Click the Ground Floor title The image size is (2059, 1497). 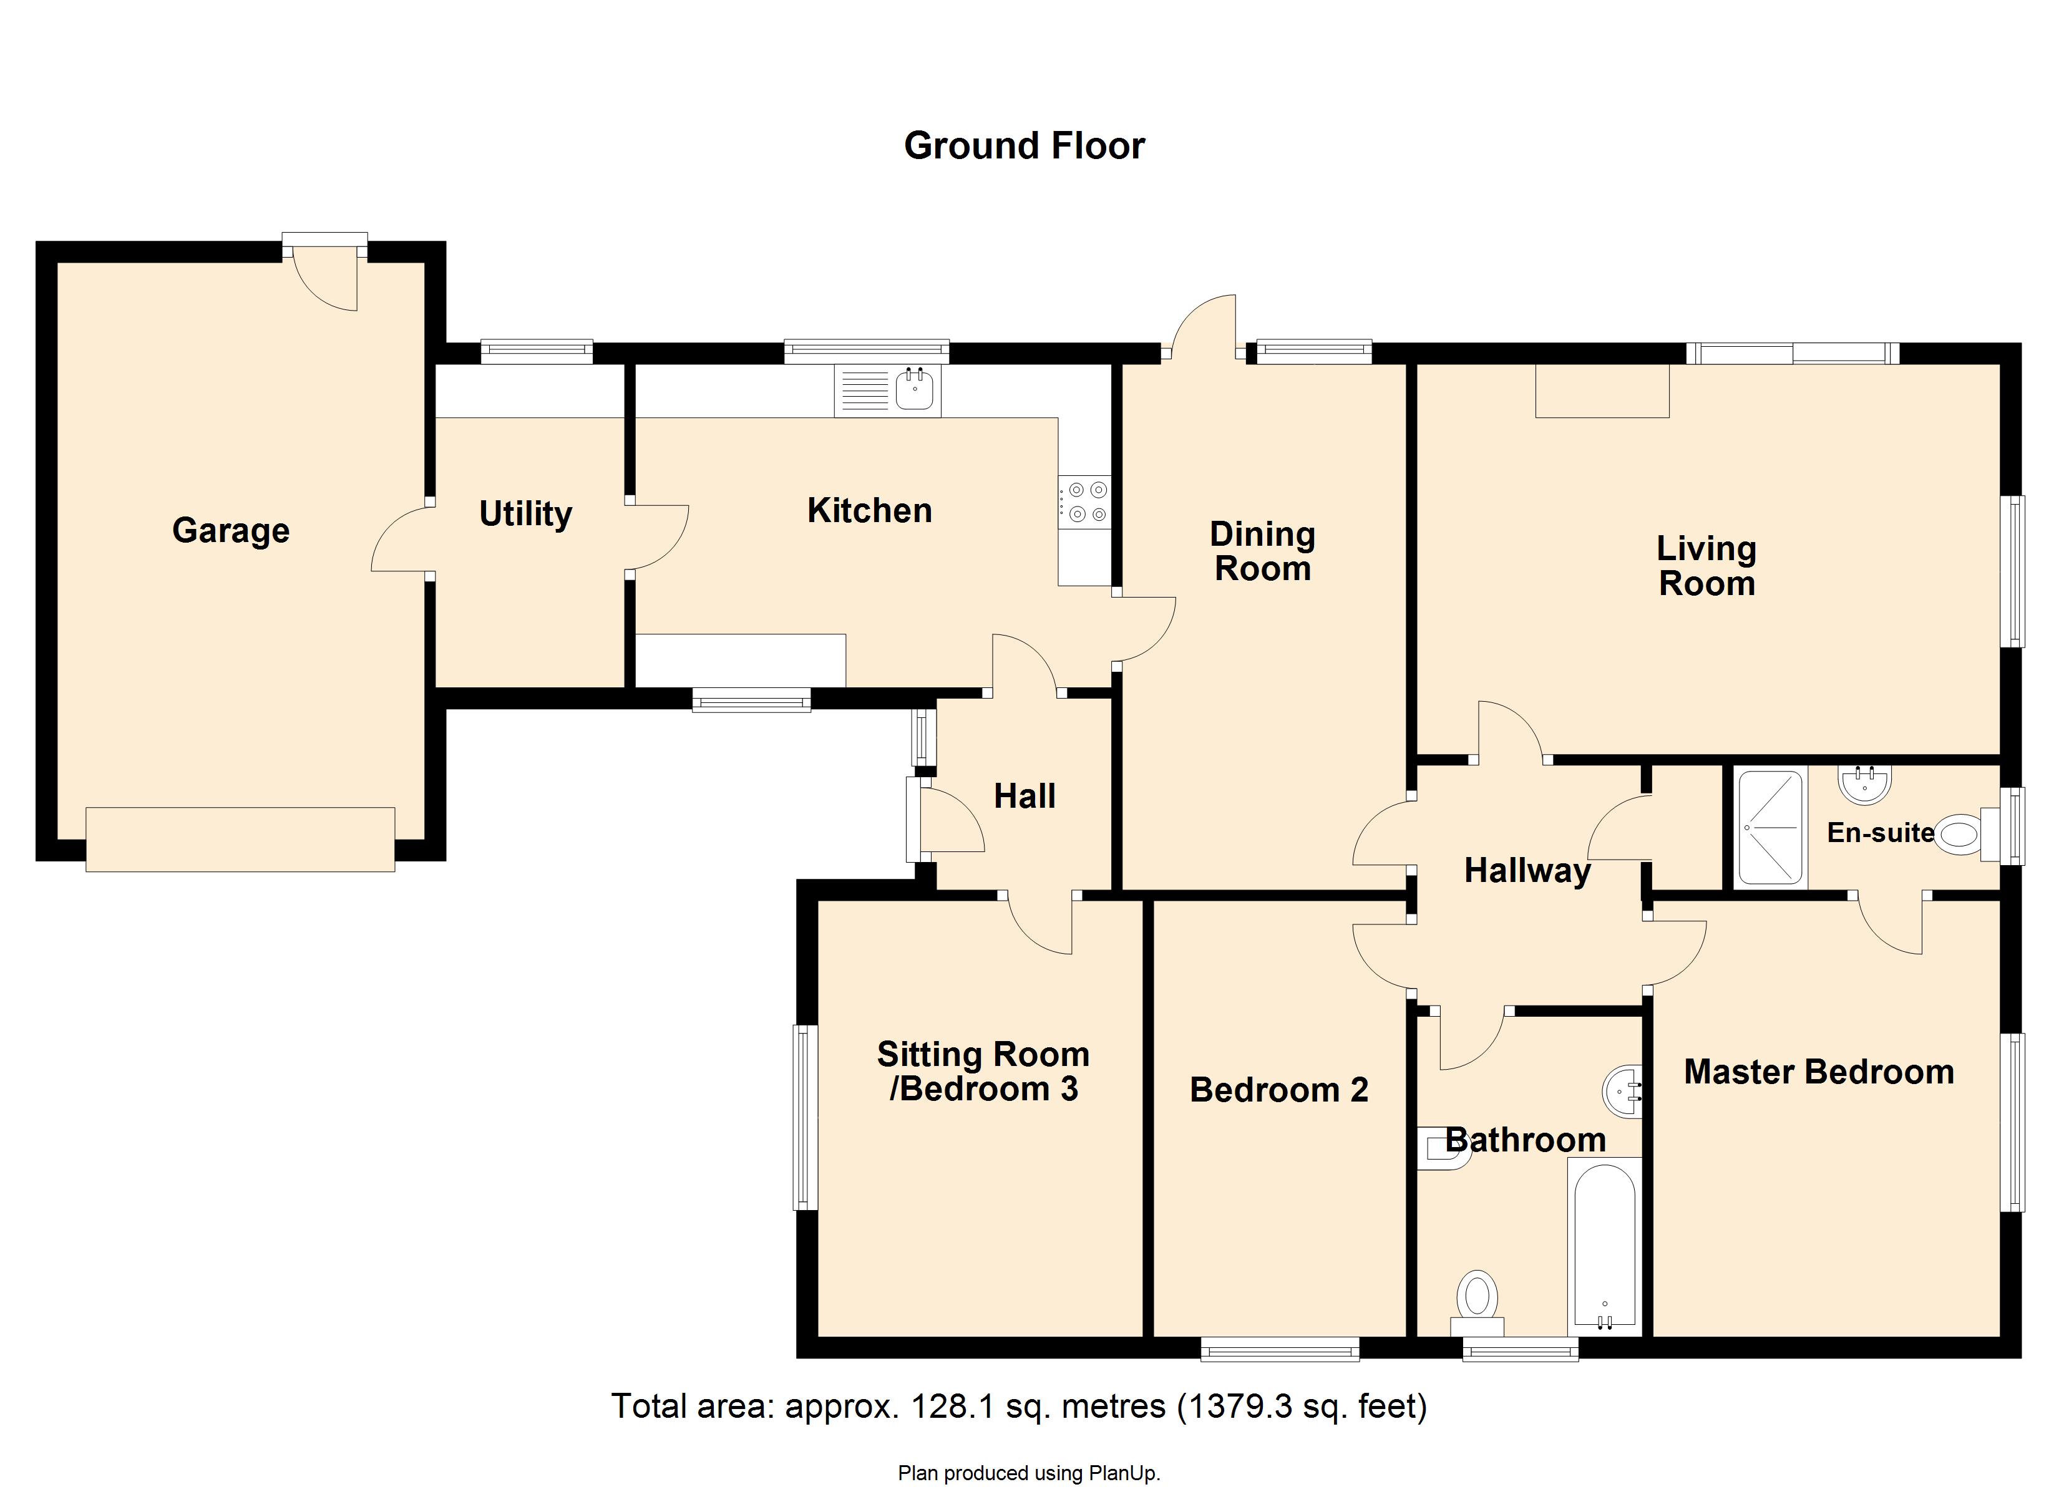(x=1024, y=146)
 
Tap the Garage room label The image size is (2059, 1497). (x=231, y=530)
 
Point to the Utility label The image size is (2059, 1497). (x=525, y=514)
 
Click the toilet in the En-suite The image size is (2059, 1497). (x=1960, y=833)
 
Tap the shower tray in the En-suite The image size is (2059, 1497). (x=1768, y=827)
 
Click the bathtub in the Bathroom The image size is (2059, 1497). (x=1605, y=1246)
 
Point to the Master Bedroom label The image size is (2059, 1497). (x=1818, y=1072)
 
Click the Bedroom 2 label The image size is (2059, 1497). (x=1278, y=1090)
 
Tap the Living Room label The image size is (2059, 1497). (x=1706, y=566)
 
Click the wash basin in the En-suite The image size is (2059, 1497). (x=1866, y=783)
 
